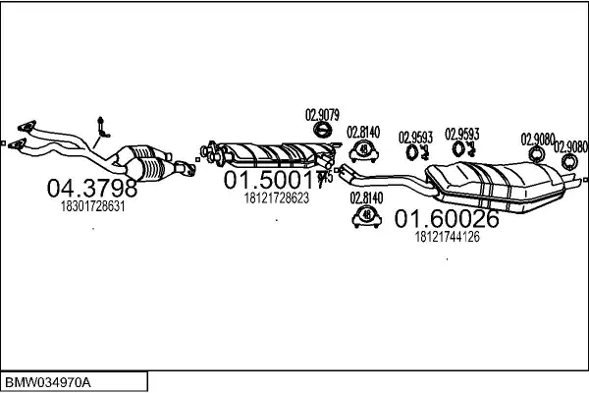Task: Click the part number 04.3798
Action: tap(93, 187)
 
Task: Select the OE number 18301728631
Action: tap(93, 206)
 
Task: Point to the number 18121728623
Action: tap(276, 197)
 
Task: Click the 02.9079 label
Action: tap(322, 115)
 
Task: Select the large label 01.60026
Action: tap(446, 218)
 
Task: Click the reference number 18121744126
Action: tap(446, 237)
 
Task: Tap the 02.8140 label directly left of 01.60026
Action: tap(365, 197)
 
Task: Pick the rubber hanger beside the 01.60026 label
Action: tap(365, 215)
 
